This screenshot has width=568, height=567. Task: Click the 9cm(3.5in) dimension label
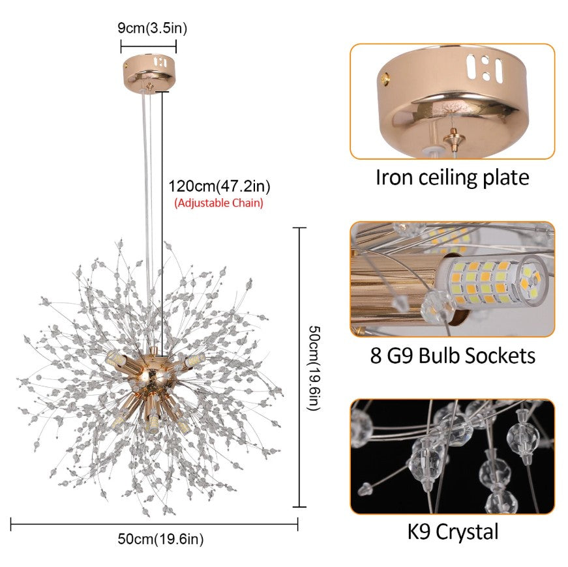click(x=152, y=28)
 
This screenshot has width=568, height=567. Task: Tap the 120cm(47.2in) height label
click(x=219, y=186)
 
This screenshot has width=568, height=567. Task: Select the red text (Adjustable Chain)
click(x=219, y=203)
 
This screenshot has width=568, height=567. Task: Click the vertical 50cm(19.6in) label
click(x=314, y=368)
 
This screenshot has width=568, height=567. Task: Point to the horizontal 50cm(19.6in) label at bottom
click(x=160, y=539)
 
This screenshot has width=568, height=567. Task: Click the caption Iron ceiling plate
click(x=453, y=177)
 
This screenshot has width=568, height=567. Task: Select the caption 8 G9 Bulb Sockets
click(x=453, y=355)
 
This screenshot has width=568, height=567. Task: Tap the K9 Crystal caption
click(x=453, y=532)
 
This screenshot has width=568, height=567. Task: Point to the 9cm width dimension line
click(x=149, y=46)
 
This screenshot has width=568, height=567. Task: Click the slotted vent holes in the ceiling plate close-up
click(x=485, y=68)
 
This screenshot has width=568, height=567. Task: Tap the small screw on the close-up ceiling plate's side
click(x=385, y=78)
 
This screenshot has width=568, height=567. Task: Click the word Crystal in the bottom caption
click(x=468, y=532)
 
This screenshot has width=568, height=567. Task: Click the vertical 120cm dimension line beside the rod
click(x=162, y=224)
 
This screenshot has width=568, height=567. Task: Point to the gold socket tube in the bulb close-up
click(x=395, y=286)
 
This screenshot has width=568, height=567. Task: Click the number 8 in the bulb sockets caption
click(x=376, y=355)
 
